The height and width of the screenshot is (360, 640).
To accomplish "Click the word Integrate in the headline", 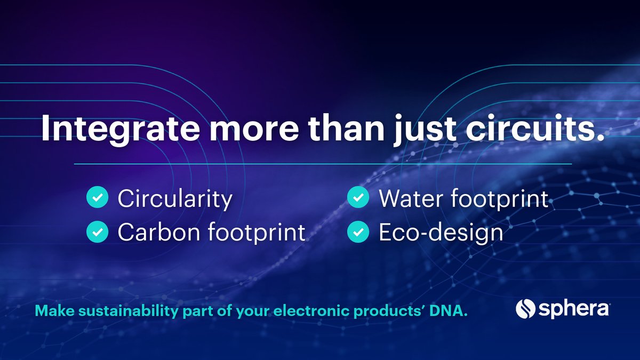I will click(x=120, y=128).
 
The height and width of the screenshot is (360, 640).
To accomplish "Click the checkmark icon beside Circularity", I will click(x=97, y=198).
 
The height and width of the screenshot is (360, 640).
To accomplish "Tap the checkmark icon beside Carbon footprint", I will click(x=97, y=232).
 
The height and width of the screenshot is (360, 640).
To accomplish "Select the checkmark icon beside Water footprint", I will click(x=358, y=198).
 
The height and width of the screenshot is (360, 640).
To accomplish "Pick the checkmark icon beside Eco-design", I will click(x=358, y=232).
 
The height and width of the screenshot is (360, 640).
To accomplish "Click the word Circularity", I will click(x=175, y=199).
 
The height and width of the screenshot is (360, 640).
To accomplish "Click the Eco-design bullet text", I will click(x=441, y=233).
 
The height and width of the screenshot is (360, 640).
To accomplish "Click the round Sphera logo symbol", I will click(x=525, y=309).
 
